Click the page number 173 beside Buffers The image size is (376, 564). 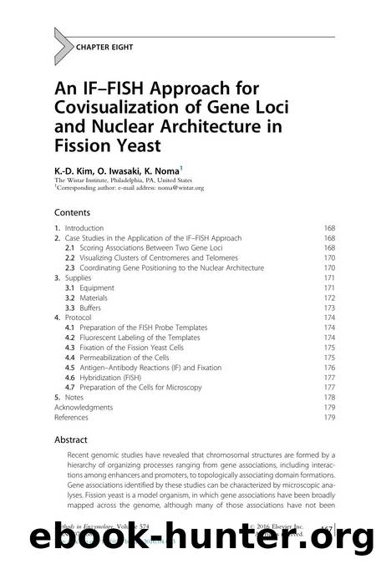click(330, 307)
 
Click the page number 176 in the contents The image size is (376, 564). click(330, 367)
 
